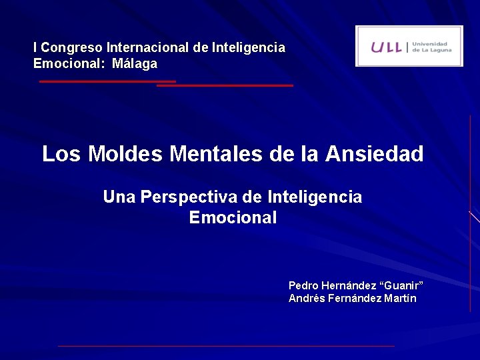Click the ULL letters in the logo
pos(387,47)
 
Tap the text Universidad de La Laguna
pos(432,46)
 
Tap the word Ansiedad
pos(374,154)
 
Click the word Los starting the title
pos(62,154)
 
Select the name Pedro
pos(303,285)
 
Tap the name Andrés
pos(305,298)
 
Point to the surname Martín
pos(400,298)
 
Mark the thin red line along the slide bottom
pos(227,346)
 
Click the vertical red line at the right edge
pos(470,213)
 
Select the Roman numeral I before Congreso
pos(35,48)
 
